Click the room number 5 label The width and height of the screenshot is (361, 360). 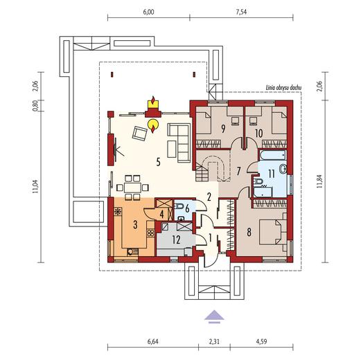click(158, 162)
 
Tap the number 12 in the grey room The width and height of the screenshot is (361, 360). click(176, 240)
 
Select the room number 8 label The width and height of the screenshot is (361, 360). click(249, 233)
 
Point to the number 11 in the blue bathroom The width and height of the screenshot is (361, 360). click(272, 174)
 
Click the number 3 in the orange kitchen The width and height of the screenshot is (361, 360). click(135, 224)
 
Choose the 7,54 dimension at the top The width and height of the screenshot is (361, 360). click(241, 12)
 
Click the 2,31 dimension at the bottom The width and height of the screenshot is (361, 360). click(214, 341)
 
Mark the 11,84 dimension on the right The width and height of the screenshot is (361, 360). click(319, 181)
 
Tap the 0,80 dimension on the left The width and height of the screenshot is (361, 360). click(35, 106)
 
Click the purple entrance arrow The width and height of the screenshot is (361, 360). click(214, 316)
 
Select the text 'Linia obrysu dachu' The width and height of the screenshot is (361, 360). click(283, 88)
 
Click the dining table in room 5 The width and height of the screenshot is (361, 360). click(132, 188)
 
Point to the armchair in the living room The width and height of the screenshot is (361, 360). click(139, 134)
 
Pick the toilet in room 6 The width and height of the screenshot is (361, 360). click(179, 206)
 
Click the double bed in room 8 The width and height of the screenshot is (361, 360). click(270, 232)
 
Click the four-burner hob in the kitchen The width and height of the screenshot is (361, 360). click(151, 233)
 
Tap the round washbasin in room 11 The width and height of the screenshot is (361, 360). click(283, 170)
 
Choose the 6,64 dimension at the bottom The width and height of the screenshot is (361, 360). click(153, 341)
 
